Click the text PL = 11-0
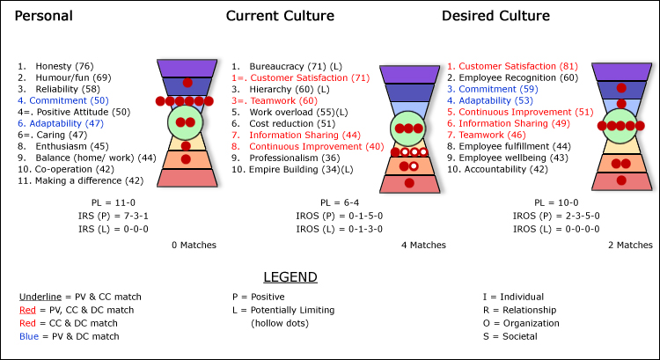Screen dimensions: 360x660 (x=105, y=203)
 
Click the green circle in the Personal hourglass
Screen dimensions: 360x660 (x=186, y=121)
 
